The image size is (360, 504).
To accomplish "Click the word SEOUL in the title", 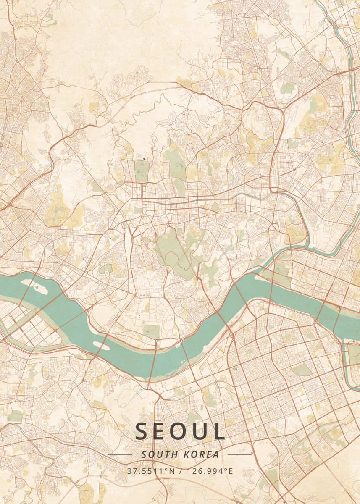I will pyautogui.click(x=180, y=431).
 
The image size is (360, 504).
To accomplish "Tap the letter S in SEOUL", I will pyautogui.click(x=141, y=431).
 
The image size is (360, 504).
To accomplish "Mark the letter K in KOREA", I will pyautogui.click(x=187, y=454).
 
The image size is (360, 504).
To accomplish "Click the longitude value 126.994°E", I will pyautogui.click(x=210, y=471).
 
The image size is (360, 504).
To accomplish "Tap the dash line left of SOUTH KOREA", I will pyautogui.click(x=120, y=454).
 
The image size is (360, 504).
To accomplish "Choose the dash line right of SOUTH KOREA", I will pyautogui.click(x=239, y=454).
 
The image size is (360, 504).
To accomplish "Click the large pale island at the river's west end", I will pyautogui.click(x=39, y=289).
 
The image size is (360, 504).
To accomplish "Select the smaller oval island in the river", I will pyautogui.click(x=99, y=344).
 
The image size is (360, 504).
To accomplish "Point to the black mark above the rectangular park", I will pyautogui.click(x=145, y=159).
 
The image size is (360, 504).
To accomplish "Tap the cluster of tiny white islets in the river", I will pyautogui.click(x=182, y=360).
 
